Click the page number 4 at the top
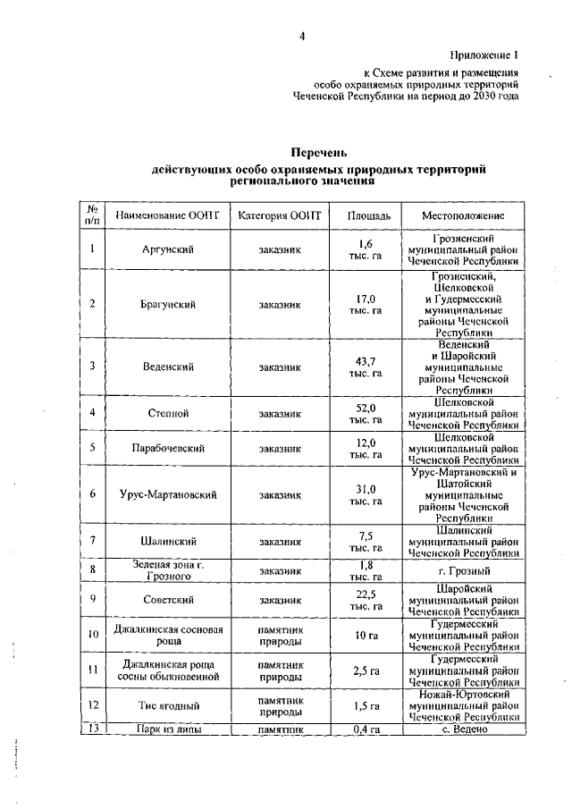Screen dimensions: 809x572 [302, 36]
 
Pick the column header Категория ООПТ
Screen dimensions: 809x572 [279, 215]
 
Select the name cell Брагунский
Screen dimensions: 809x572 [168, 304]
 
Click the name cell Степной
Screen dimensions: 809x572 [168, 413]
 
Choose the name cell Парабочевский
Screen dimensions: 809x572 [168, 448]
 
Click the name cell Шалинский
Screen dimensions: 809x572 [168, 541]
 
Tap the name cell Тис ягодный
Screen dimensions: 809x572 [168, 706]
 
